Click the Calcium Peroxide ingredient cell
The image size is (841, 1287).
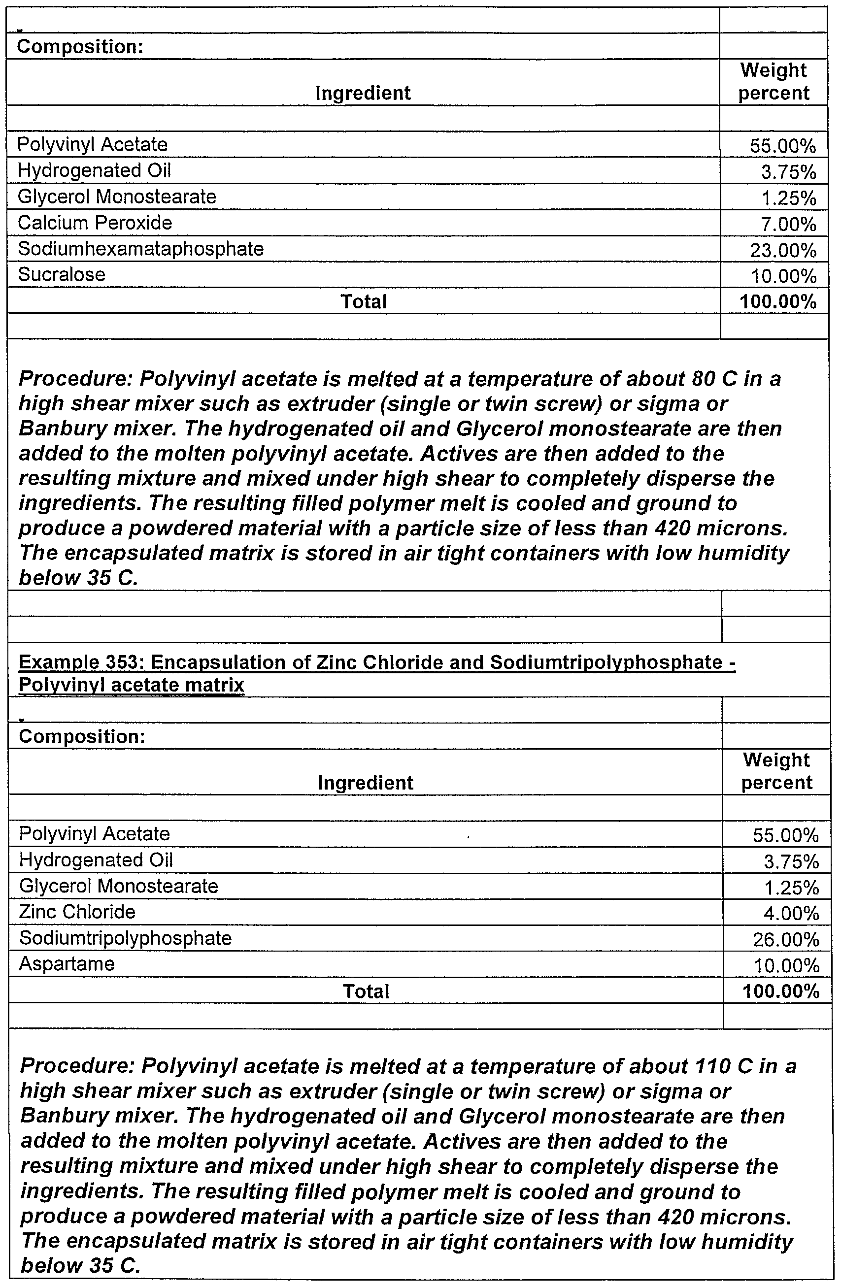click(x=95, y=222)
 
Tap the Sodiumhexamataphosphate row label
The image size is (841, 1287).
click(x=140, y=249)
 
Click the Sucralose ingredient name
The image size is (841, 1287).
click(x=62, y=275)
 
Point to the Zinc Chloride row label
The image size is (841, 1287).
click(x=77, y=912)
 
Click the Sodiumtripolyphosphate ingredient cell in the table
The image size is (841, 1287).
click(x=126, y=938)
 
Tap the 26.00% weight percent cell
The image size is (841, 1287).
click(x=786, y=940)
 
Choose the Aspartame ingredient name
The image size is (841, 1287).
click(x=67, y=963)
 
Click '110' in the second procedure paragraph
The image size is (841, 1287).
click(x=710, y=1066)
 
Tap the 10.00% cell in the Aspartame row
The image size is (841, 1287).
click(x=786, y=966)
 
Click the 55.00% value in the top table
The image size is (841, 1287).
click(x=782, y=145)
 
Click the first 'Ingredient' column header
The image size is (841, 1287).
click(x=363, y=93)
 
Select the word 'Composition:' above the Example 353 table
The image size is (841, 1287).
click(x=82, y=736)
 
